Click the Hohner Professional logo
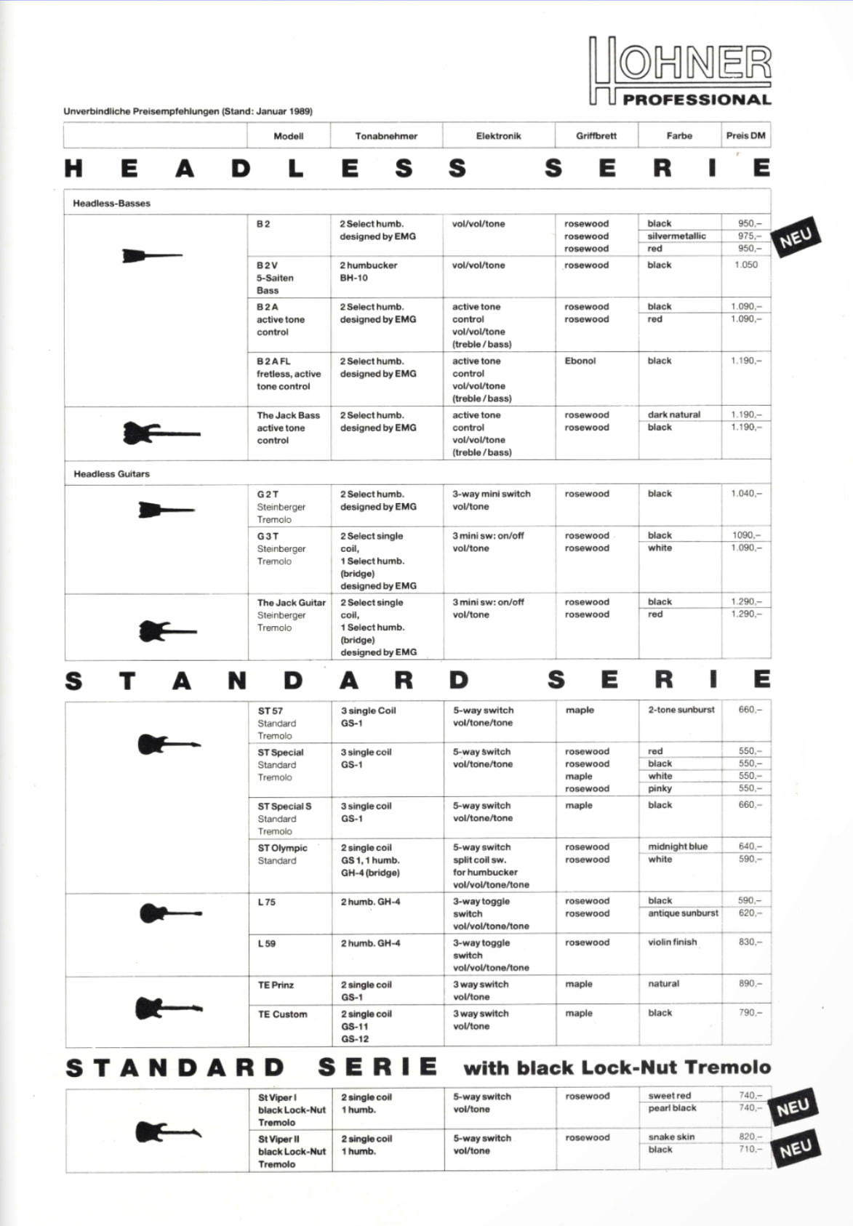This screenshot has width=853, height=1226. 679,71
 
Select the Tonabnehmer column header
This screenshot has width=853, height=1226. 386,136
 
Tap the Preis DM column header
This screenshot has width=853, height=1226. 745,136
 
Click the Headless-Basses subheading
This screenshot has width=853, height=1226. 111,204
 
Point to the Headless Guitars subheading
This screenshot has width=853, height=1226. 111,474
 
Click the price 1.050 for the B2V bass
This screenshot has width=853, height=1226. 746,265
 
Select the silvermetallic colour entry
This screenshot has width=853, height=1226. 676,236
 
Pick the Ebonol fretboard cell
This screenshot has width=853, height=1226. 580,361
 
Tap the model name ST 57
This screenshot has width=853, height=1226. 270,711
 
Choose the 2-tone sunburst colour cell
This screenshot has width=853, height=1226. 681,710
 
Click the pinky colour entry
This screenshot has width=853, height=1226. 660,789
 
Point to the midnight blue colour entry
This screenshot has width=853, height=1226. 677,847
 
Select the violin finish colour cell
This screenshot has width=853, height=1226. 672,942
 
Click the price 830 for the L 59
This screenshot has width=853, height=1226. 750,942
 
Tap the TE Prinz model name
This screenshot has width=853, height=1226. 276,985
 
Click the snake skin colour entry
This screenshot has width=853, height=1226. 671,1137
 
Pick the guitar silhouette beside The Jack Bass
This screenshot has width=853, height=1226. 161,433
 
